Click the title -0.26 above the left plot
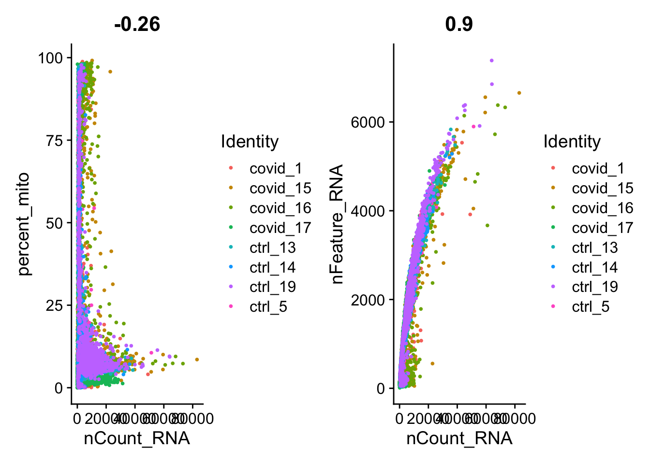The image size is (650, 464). click(x=137, y=24)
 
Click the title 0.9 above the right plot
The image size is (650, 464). click(x=459, y=24)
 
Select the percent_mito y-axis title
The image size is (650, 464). click(x=24, y=224)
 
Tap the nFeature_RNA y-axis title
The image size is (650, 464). click(x=337, y=224)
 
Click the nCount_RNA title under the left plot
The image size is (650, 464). click(x=137, y=438)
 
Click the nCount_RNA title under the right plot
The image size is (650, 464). click(x=459, y=438)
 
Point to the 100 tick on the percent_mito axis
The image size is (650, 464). click(x=51, y=58)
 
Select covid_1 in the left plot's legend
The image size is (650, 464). click(x=276, y=168)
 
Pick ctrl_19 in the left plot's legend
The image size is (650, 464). click(x=273, y=287)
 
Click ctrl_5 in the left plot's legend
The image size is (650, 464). click(x=268, y=307)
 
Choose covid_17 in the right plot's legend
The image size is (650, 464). click(x=603, y=228)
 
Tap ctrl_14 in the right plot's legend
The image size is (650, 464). click(x=595, y=267)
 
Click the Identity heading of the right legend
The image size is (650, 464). click(x=572, y=142)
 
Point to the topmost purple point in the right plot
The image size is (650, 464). click(x=491, y=60)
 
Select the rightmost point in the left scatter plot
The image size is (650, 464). click(x=197, y=360)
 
